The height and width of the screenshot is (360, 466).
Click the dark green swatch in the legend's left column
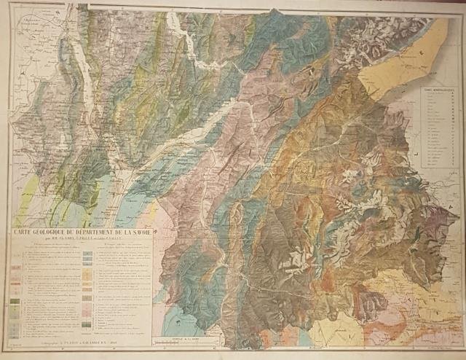pyautogui.click(x=14, y=309)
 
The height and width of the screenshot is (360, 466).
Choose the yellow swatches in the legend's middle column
pyautogui.click(x=88, y=270)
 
